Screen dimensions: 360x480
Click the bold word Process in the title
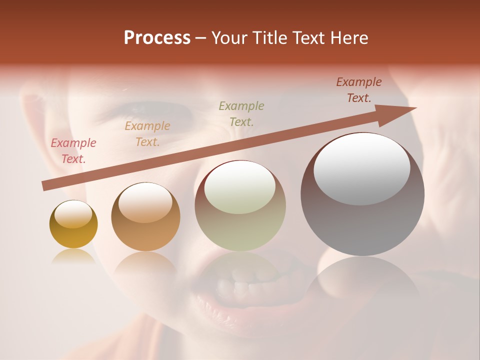tap(157, 38)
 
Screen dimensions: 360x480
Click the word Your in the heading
tap(229, 38)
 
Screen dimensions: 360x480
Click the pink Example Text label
tap(73, 151)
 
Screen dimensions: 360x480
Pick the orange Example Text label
tap(147, 134)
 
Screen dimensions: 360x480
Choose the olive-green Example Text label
tap(241, 113)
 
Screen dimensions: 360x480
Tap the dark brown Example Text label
tap(359, 90)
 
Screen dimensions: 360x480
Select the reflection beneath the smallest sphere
tap(73, 257)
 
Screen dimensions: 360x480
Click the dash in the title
tap(201, 38)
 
